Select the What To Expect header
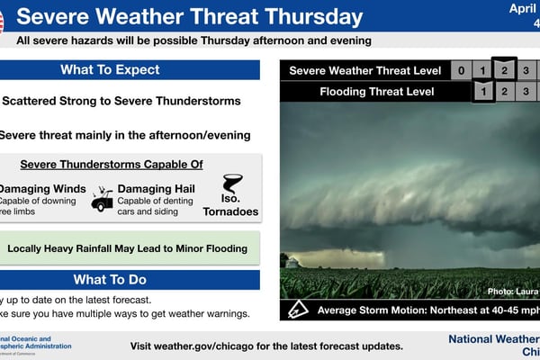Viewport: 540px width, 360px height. click(x=110, y=70)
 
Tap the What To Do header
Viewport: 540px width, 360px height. click(x=110, y=279)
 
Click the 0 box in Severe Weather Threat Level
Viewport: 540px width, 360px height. click(x=461, y=71)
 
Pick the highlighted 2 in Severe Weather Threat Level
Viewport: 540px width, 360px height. click(x=506, y=71)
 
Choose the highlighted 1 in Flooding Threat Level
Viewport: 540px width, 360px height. click(x=483, y=91)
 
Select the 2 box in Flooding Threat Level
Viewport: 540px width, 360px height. click(x=506, y=91)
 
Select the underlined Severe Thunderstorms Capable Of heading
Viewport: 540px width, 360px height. click(x=112, y=164)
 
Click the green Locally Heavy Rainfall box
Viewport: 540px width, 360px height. click(x=128, y=247)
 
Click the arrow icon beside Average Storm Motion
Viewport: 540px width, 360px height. click(x=297, y=310)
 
